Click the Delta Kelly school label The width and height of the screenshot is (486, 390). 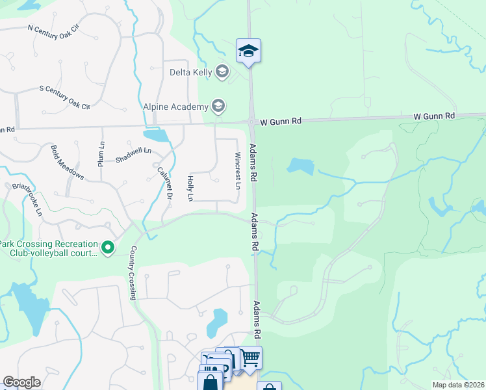coord(191,71)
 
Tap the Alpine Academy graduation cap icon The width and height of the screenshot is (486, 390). coord(218,106)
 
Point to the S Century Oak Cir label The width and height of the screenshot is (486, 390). coord(64,97)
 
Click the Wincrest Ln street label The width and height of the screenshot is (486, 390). coord(238,171)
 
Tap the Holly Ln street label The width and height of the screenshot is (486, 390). coord(190,188)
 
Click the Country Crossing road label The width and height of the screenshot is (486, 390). coord(133,272)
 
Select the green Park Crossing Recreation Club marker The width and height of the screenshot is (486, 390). coord(109,247)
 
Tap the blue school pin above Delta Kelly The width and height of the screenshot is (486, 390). coord(248,51)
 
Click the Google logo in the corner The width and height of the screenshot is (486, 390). coord(21,382)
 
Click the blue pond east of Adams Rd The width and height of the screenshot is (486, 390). coord(300,166)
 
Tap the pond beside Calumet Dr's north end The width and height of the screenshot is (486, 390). coord(157,136)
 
